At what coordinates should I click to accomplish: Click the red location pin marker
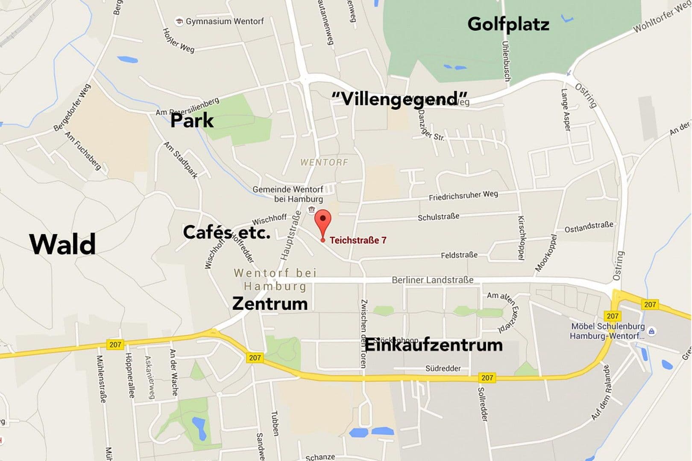(x=323, y=221)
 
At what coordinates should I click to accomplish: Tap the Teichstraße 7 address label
(x=358, y=240)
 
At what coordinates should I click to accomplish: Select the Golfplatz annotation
(x=508, y=24)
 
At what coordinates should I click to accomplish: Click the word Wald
(x=62, y=245)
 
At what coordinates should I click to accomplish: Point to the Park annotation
(x=192, y=120)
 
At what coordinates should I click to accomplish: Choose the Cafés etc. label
(x=226, y=233)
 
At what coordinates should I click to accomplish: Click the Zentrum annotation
(x=270, y=303)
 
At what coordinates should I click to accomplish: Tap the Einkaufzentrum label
(x=434, y=344)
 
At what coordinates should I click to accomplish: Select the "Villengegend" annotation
(x=399, y=99)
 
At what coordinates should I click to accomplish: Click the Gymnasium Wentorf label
(x=225, y=21)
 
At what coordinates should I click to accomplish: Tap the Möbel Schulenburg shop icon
(x=651, y=331)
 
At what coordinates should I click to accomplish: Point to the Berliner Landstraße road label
(x=433, y=280)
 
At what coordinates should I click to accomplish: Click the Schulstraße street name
(x=438, y=217)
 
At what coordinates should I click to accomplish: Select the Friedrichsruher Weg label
(x=463, y=195)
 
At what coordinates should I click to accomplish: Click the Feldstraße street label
(x=459, y=255)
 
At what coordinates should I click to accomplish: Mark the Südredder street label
(x=443, y=368)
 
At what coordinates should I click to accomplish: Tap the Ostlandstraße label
(x=589, y=227)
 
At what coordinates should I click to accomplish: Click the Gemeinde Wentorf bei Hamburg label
(x=287, y=194)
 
